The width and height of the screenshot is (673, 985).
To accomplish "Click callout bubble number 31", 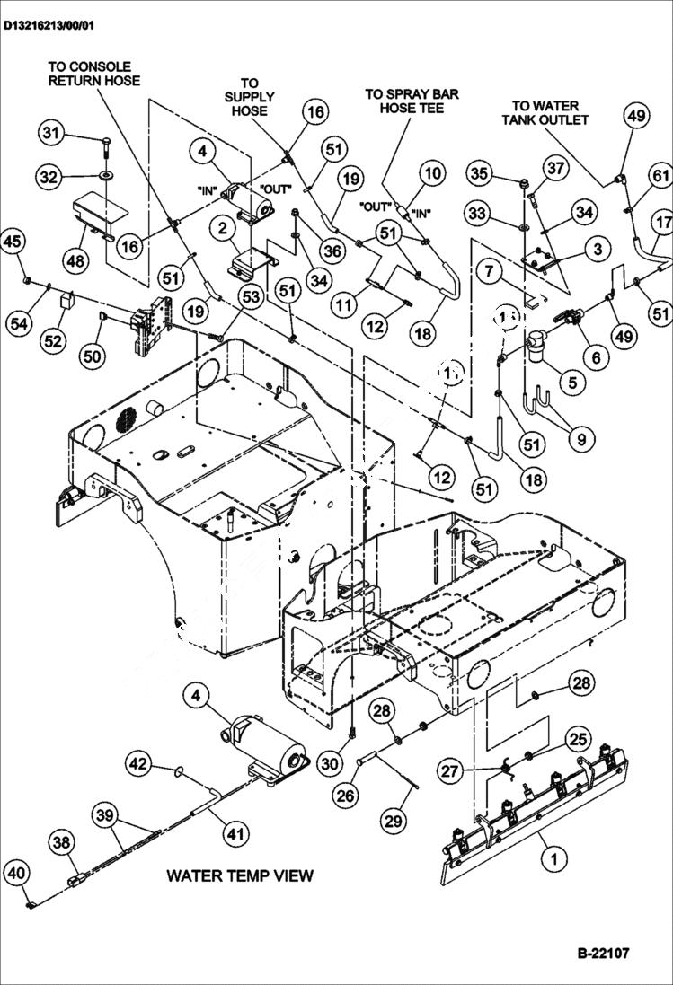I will pos(51,134).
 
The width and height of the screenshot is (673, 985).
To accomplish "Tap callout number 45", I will pos(13,241).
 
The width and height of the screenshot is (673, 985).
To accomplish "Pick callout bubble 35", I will pos(480,172).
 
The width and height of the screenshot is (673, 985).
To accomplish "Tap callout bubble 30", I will pos(331,764).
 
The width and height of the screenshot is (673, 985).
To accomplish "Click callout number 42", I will pos(137,764).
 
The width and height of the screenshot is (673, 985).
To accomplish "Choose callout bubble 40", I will pos(15,872).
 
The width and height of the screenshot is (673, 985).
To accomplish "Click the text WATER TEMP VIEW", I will pos(240,875).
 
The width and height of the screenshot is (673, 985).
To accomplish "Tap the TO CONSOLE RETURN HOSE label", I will pos(93,74).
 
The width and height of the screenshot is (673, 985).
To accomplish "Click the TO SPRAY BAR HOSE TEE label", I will pos(405,101).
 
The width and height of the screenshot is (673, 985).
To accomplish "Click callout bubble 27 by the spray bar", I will pos(449,770).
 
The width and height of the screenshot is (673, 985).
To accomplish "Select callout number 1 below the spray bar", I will pos(553,858).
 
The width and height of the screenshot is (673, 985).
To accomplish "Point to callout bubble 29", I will pos(394,819).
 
